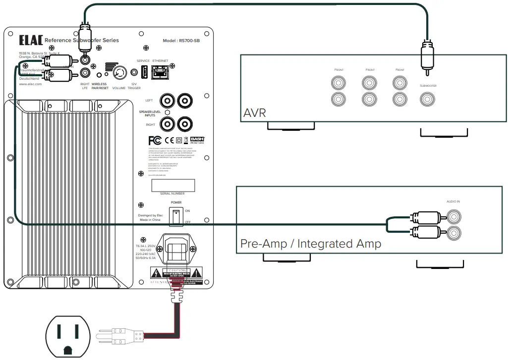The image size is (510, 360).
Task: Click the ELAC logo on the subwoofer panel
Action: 30,40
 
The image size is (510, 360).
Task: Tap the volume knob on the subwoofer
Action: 119,73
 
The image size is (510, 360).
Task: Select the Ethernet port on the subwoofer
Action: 160,73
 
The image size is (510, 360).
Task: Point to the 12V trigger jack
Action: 134,73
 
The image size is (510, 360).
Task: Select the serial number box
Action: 172,185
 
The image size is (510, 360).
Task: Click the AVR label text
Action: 255,113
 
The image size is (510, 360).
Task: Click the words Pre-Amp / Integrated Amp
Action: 311,244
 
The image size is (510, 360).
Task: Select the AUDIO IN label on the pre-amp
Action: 453,202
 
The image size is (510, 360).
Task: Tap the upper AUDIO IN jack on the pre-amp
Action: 453,216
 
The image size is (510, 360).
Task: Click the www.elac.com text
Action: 30,84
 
